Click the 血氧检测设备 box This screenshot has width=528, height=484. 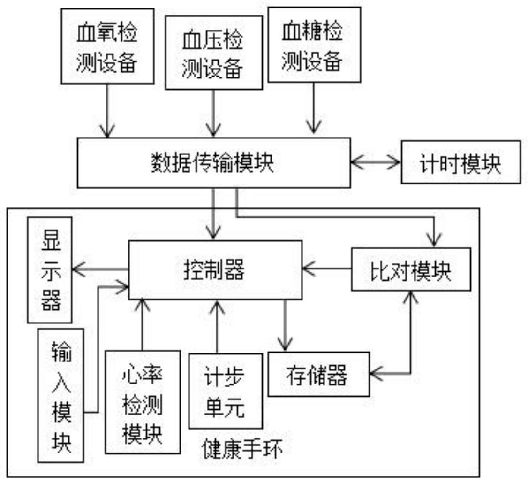107,46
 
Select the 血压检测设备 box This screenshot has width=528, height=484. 213,52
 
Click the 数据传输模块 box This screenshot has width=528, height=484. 213,163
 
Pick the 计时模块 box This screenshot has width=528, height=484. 460,162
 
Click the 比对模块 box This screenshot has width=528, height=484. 411,269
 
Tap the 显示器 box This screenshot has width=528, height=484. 50,269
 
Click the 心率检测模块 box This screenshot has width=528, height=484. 143,402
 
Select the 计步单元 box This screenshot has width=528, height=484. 225,391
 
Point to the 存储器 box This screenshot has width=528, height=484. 318,374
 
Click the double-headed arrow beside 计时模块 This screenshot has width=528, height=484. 376,162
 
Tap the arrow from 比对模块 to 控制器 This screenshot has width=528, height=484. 327,269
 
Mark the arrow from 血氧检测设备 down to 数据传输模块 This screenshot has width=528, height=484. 107,111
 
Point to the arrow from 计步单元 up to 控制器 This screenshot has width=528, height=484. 217,326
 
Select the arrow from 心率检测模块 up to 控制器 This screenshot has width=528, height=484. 141,324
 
